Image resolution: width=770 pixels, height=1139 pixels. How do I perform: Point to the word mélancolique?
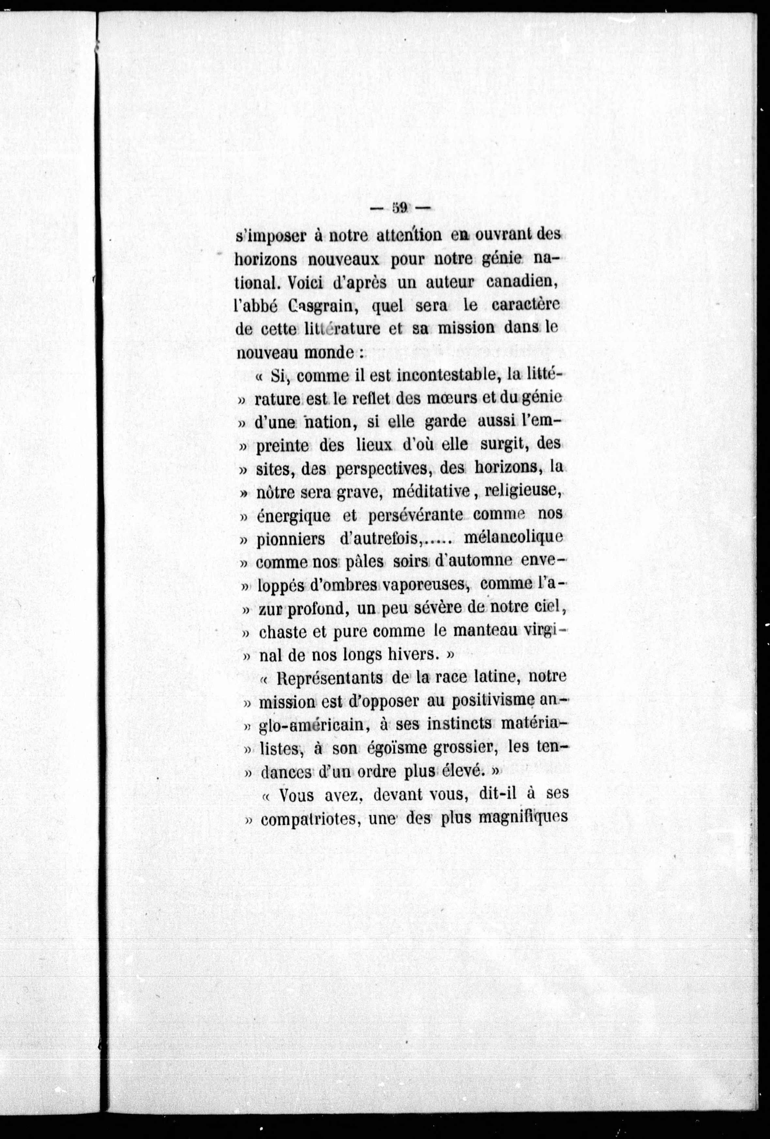click(x=512, y=537)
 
